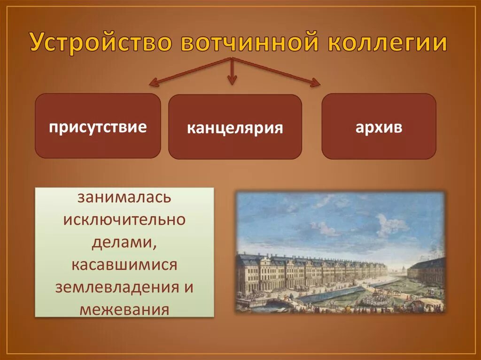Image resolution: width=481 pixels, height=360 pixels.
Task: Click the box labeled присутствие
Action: (x=98, y=126)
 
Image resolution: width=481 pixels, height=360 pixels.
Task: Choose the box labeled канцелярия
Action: (x=235, y=127)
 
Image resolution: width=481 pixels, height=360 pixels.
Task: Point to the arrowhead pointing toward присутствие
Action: (x=153, y=84)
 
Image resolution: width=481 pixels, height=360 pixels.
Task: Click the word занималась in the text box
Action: (x=124, y=198)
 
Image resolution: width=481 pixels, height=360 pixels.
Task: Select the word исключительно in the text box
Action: (x=124, y=220)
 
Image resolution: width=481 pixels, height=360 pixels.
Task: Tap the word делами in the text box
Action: (x=124, y=242)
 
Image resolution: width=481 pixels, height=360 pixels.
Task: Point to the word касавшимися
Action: (x=124, y=265)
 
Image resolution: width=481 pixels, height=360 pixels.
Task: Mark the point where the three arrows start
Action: (x=231, y=58)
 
